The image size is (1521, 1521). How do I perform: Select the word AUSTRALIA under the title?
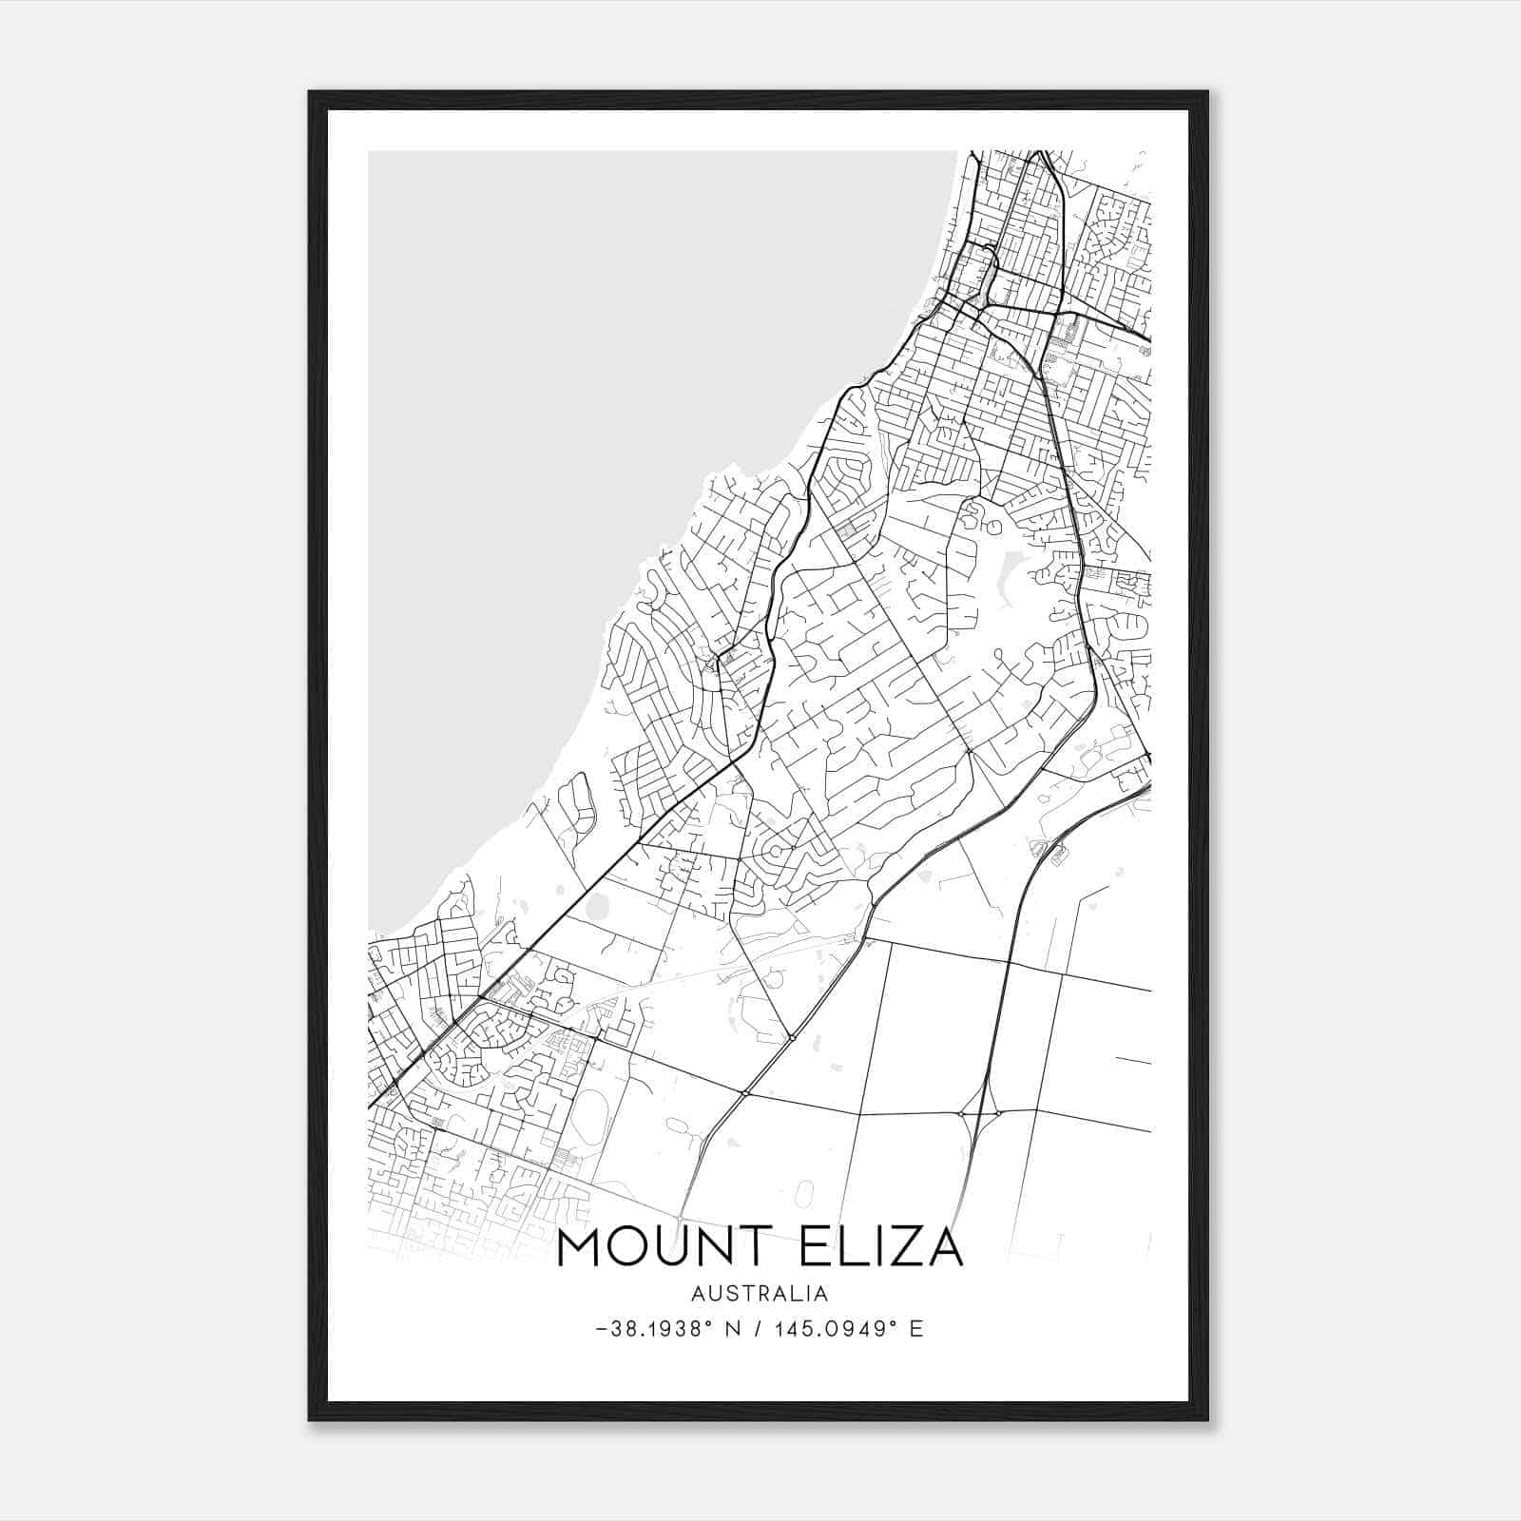(760, 1294)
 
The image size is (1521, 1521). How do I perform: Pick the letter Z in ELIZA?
(902, 1248)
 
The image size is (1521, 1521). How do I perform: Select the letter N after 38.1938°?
(731, 1329)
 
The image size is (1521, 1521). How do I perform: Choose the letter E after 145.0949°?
(916, 1329)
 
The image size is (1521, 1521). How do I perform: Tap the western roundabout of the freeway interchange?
(961, 1113)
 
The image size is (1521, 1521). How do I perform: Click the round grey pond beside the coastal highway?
(596, 906)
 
